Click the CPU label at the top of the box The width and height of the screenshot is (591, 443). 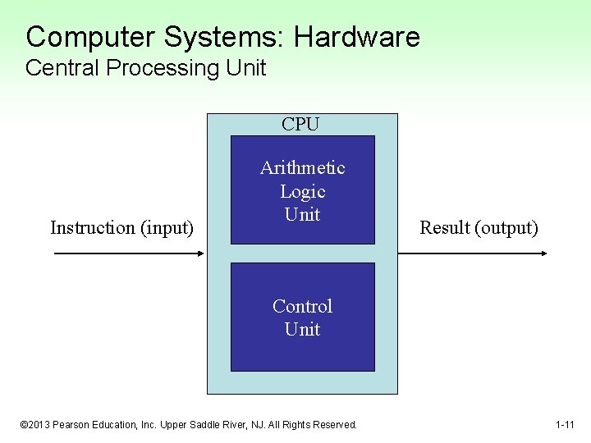tap(301, 125)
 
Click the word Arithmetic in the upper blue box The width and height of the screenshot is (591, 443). tap(302, 168)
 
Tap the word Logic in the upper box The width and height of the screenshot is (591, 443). tap(302, 192)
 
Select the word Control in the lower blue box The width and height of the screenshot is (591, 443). tap(302, 307)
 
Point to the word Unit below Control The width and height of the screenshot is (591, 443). tap(302, 330)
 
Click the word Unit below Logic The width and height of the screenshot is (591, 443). tap(302, 215)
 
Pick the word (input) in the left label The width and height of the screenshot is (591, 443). tap(167, 228)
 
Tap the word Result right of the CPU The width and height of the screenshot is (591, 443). tap(444, 228)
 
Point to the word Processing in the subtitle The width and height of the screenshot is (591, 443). tap(153, 68)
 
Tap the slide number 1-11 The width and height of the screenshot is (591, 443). tap(564, 425)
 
